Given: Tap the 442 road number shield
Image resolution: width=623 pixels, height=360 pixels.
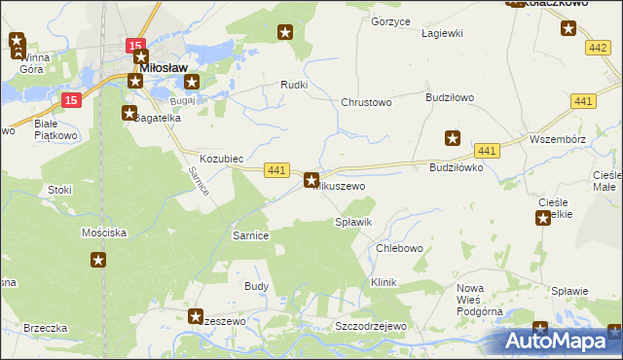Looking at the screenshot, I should [x=598, y=48].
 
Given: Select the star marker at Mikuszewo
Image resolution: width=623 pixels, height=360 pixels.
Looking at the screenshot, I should [x=311, y=180].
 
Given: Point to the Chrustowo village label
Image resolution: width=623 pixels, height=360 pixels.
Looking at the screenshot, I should [x=365, y=102].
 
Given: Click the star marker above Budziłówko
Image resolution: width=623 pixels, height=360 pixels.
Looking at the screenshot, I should [x=452, y=138].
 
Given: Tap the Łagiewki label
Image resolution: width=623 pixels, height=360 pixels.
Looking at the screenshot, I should [x=441, y=33].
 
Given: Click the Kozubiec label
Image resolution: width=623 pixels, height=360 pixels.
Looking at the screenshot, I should [x=221, y=158].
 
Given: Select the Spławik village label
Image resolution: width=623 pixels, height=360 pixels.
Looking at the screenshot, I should [x=353, y=223].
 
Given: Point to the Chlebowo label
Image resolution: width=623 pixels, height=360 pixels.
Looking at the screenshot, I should [x=399, y=248].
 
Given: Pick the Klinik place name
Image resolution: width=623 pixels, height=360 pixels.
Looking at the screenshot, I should [x=385, y=282].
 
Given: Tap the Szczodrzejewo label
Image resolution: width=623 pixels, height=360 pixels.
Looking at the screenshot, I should [x=369, y=327].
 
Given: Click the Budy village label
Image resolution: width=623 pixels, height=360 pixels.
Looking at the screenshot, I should [x=256, y=287].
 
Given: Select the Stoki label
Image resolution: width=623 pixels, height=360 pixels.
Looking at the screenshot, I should [x=60, y=191].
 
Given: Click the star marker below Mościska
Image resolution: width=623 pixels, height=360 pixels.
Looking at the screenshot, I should [x=98, y=260].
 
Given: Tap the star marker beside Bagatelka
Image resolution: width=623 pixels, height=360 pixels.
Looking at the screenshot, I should [x=129, y=113].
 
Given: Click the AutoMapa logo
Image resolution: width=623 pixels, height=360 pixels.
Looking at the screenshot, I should [x=560, y=341].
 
